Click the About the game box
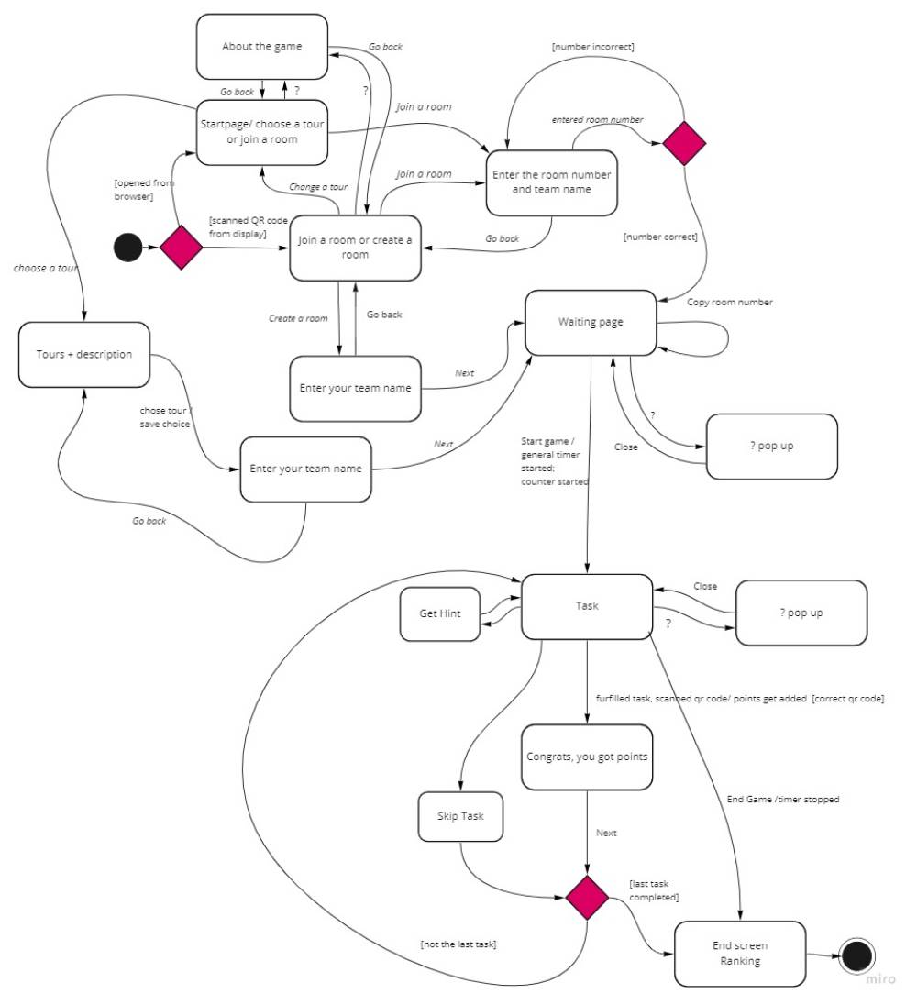(261, 46)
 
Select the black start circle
(127, 248)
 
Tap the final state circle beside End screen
(856, 956)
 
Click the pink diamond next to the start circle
(182, 248)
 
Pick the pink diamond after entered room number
(684, 143)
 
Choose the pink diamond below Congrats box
(587, 897)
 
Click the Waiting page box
(591, 322)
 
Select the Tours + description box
(83, 354)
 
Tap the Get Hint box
(440, 613)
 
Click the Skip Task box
(461, 816)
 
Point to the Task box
(587, 606)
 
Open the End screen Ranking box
(740, 953)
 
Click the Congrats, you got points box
(587, 757)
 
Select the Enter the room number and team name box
(550, 182)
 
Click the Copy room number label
(730, 302)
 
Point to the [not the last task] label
(458, 944)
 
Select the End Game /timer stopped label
(782, 800)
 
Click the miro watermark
(880, 979)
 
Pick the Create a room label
(298, 318)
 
